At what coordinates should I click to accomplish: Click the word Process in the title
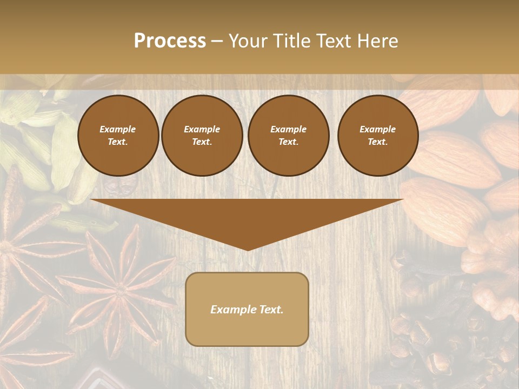click(170, 41)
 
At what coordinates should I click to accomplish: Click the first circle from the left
click(118, 136)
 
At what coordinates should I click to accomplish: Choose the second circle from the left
click(202, 136)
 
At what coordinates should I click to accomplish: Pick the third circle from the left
click(289, 136)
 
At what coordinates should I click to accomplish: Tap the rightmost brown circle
click(378, 136)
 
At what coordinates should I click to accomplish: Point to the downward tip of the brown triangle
click(248, 249)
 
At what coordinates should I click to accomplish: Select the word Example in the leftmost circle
click(118, 129)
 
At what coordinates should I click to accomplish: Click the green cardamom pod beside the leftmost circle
click(65, 151)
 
